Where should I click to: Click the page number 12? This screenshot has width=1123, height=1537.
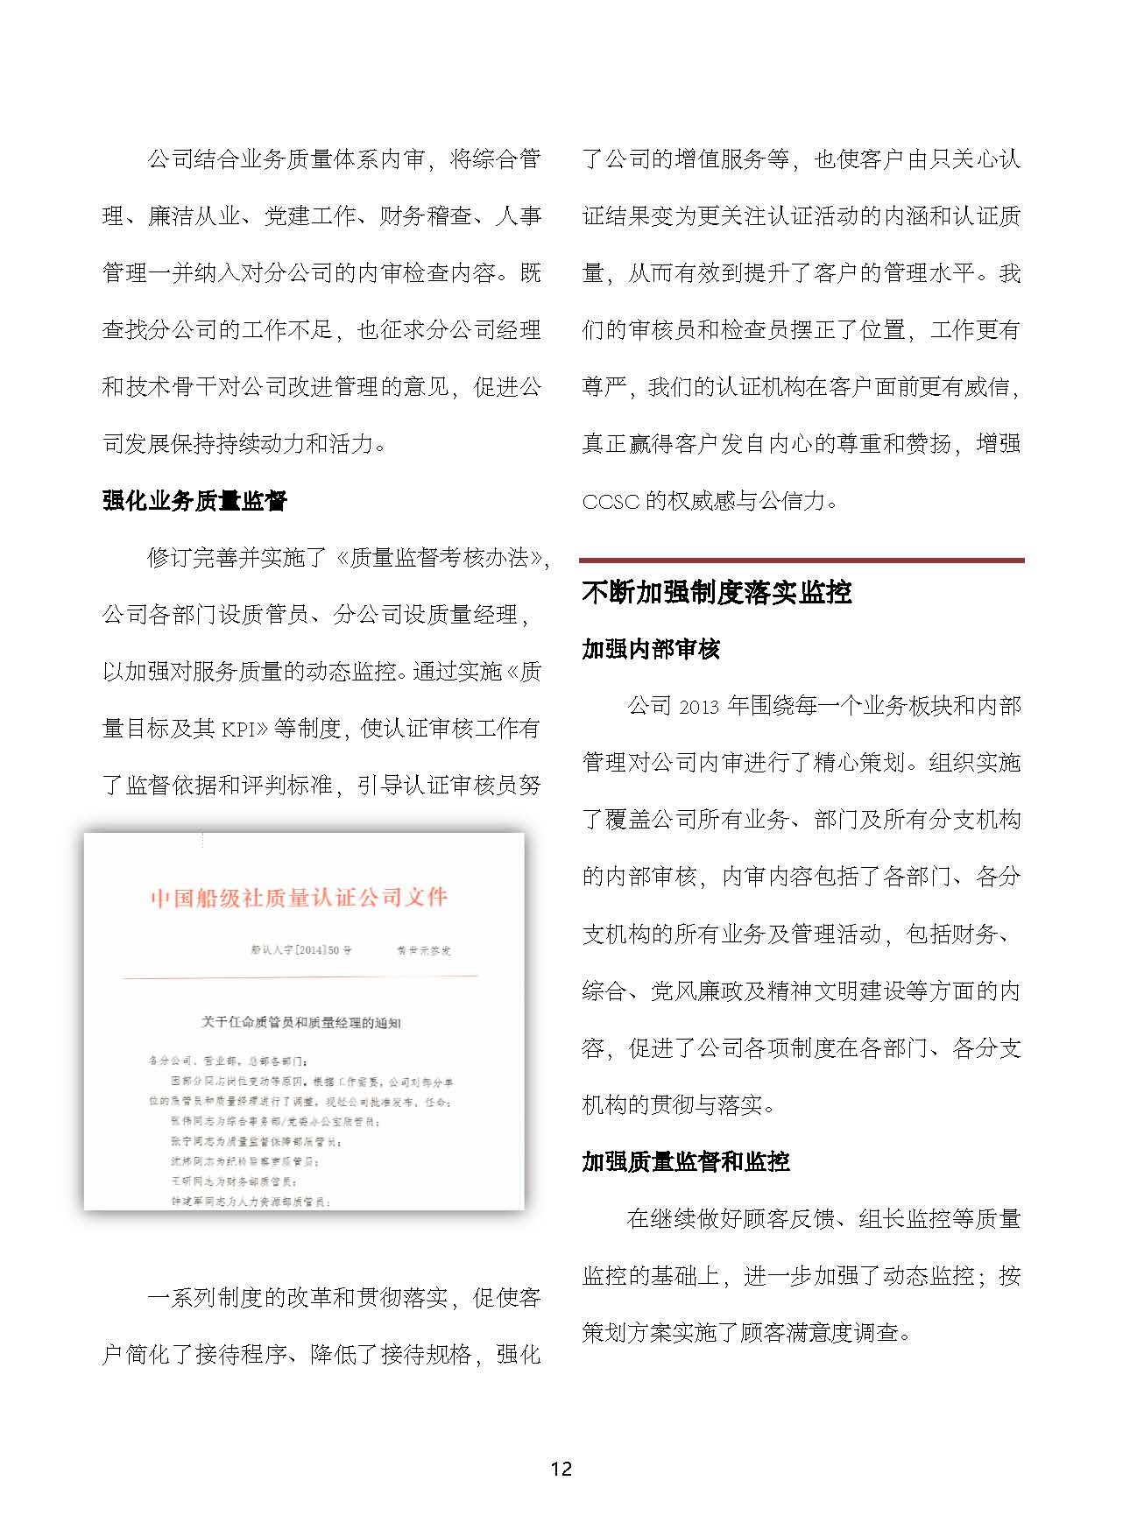(x=561, y=1469)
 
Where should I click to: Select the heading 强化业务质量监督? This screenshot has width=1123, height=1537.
(x=194, y=501)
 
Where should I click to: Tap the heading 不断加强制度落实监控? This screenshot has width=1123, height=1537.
(x=717, y=593)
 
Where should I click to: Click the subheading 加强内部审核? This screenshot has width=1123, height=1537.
(x=651, y=649)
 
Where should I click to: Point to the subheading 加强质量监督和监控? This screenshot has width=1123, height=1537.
(x=686, y=1162)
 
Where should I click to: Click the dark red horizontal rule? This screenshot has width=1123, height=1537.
(x=802, y=560)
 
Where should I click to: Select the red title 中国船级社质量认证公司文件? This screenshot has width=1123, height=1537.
(x=299, y=898)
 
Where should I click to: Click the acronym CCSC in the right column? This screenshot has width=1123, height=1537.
(x=611, y=502)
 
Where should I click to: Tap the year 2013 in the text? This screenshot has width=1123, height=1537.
(x=698, y=707)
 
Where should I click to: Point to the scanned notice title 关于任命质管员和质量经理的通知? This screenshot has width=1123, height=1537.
(x=301, y=1022)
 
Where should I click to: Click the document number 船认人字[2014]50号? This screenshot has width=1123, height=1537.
(x=300, y=950)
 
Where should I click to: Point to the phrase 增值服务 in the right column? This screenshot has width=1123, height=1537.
(x=720, y=159)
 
